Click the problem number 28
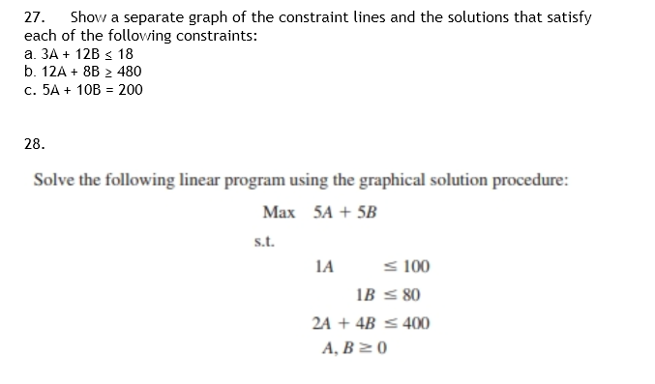click(x=34, y=143)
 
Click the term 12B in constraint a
click(x=79, y=54)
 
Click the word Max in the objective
click(x=278, y=212)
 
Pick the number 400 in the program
click(x=417, y=323)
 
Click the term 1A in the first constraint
click(x=324, y=267)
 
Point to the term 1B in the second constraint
click(x=365, y=295)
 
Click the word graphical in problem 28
click(x=372, y=181)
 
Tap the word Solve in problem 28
click(x=51, y=181)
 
